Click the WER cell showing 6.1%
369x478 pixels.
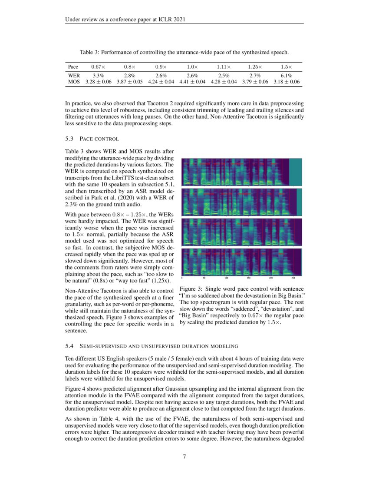tap(286, 75)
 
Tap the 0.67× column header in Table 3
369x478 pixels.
tap(98, 67)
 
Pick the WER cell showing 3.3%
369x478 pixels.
tap(98, 75)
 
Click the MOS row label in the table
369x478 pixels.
tap(74, 82)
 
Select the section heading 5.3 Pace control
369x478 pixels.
tap(92, 139)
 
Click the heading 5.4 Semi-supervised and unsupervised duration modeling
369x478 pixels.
tap(151, 346)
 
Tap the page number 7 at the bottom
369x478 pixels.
tap(184, 457)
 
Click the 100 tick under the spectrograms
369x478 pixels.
tap(226, 278)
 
